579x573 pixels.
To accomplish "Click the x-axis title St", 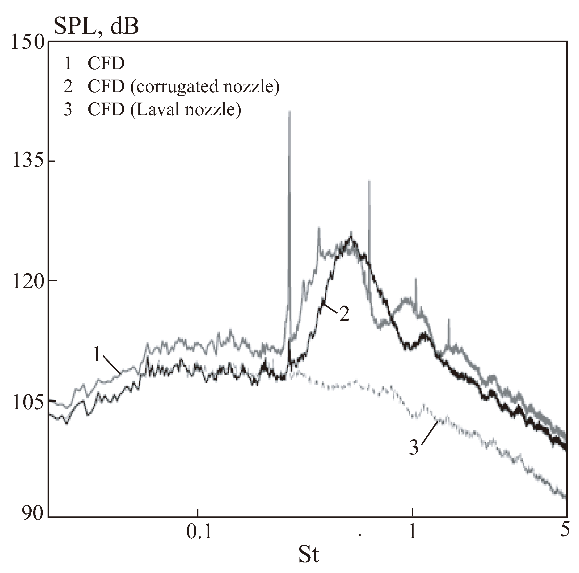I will (308, 555).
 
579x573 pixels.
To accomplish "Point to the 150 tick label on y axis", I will (27, 42).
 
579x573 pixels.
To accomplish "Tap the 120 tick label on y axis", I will (27, 281).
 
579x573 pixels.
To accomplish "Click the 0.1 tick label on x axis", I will (199, 532).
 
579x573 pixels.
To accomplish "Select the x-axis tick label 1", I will (413, 532).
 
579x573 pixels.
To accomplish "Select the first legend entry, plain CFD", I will (106, 64).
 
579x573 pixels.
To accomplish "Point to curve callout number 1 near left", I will (96, 355).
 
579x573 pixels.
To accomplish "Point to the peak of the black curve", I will (351, 238).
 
